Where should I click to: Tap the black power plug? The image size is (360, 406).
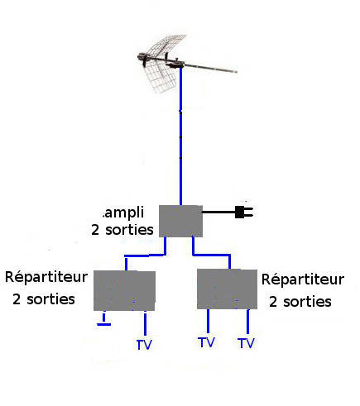pyautogui.click(x=244, y=213)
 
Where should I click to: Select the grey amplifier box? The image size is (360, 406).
pyautogui.click(x=180, y=221)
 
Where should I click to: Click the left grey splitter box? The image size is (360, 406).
pyautogui.click(x=124, y=291)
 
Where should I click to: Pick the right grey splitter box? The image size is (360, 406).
pyautogui.click(x=228, y=289)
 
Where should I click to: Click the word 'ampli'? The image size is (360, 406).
pyautogui.click(x=123, y=213)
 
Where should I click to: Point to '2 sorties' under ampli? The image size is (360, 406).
pyautogui.click(x=122, y=230)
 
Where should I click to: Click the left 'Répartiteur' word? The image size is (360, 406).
pyautogui.click(x=46, y=277)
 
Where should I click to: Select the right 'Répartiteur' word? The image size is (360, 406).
pyautogui.click(x=303, y=279)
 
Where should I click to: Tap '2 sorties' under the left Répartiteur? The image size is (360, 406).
pyautogui.click(x=44, y=299)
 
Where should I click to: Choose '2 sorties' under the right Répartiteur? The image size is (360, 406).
pyautogui.click(x=300, y=302)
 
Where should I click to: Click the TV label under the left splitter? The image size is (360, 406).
pyautogui.click(x=144, y=345)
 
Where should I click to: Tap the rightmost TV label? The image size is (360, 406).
pyautogui.click(x=246, y=343)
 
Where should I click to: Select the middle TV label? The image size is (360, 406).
pyautogui.click(x=206, y=342)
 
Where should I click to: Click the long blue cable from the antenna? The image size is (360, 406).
pyautogui.click(x=180, y=136)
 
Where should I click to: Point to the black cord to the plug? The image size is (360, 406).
pyautogui.click(x=218, y=212)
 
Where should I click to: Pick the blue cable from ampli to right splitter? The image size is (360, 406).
pyautogui.click(x=211, y=255)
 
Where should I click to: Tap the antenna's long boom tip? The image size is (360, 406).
pyautogui.click(x=237, y=72)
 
